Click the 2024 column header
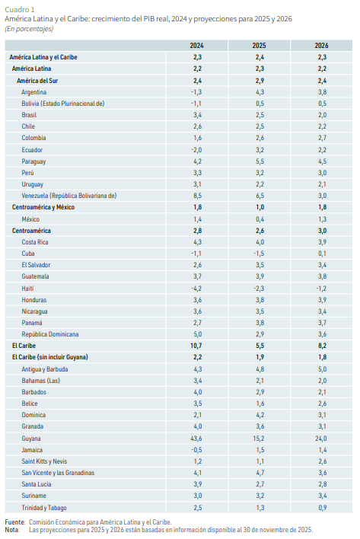click(197, 46)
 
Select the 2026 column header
click(321, 46)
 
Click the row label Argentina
click(35, 91)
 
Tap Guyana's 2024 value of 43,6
click(197, 439)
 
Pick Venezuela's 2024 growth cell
click(197, 196)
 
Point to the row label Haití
click(28, 289)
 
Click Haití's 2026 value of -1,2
click(321, 289)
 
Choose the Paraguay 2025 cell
click(260, 161)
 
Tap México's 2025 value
click(260, 219)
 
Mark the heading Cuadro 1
click(18, 8)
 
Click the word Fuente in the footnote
click(14, 521)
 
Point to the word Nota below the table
click(11, 529)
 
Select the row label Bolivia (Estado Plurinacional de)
click(62, 103)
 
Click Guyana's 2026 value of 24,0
click(321, 439)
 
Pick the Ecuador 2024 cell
click(197, 149)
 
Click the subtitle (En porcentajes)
click(30, 27)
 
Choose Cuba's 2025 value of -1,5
click(260, 254)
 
